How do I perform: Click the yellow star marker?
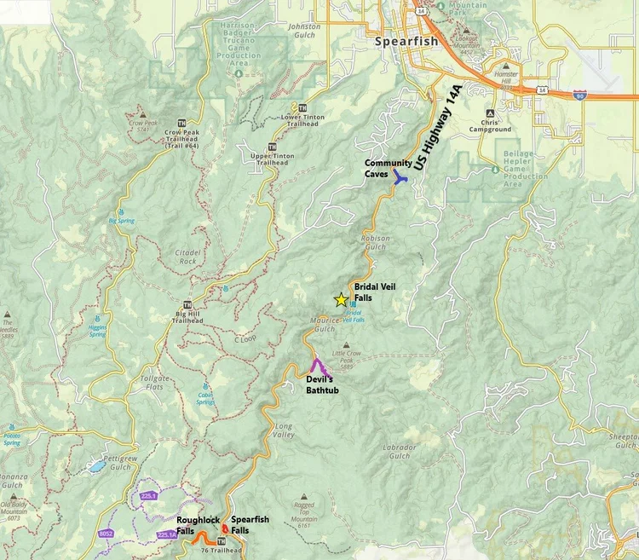[341, 300]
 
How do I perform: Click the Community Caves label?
[389, 168]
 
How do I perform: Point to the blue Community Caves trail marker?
[399, 177]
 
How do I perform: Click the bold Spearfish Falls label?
[250, 524]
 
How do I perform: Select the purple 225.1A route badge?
[167, 535]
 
